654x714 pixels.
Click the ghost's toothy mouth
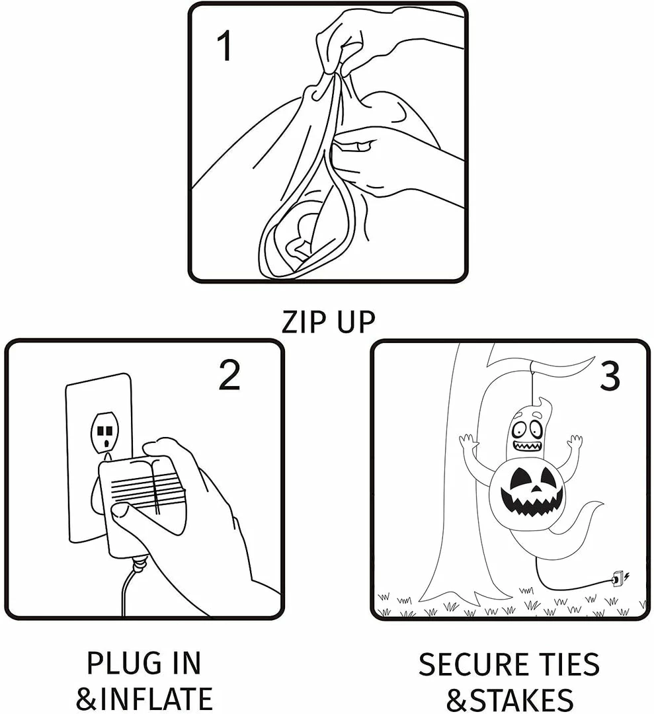coord(527,447)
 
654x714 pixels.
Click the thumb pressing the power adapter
coord(126,512)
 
